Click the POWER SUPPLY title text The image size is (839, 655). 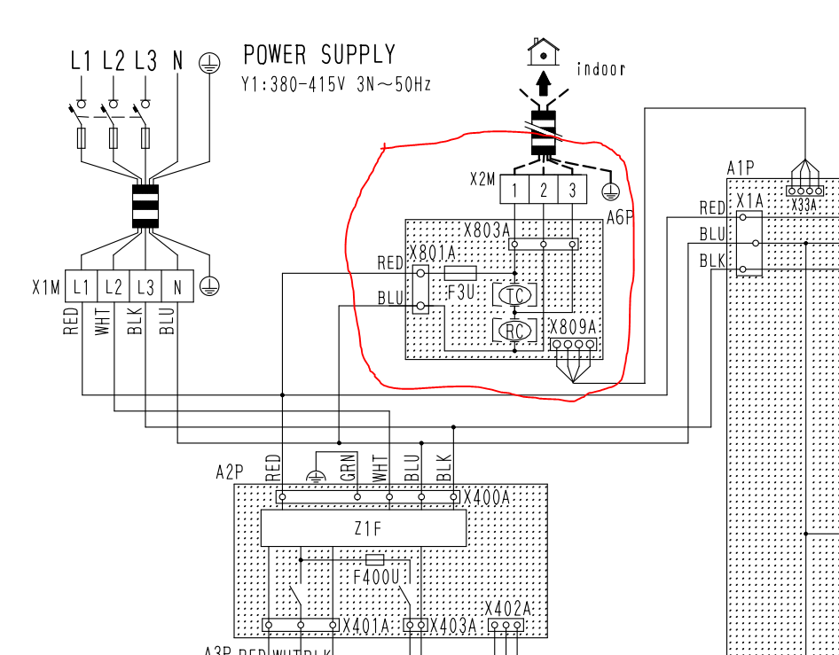tap(319, 55)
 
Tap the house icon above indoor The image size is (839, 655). tap(542, 51)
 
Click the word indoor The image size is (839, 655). tap(600, 69)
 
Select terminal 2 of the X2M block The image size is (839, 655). tap(543, 189)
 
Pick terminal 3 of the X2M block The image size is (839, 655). tap(573, 189)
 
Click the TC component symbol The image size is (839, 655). tap(515, 295)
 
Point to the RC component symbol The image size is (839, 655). tap(515, 331)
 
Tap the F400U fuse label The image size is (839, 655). tap(375, 577)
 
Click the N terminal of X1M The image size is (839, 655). tap(177, 287)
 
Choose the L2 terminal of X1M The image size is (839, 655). tap(113, 287)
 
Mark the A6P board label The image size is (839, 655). tap(620, 217)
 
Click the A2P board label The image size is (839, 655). tap(229, 472)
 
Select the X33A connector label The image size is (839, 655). tap(804, 205)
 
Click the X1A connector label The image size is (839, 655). tap(749, 201)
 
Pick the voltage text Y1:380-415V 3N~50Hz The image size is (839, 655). tap(336, 85)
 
